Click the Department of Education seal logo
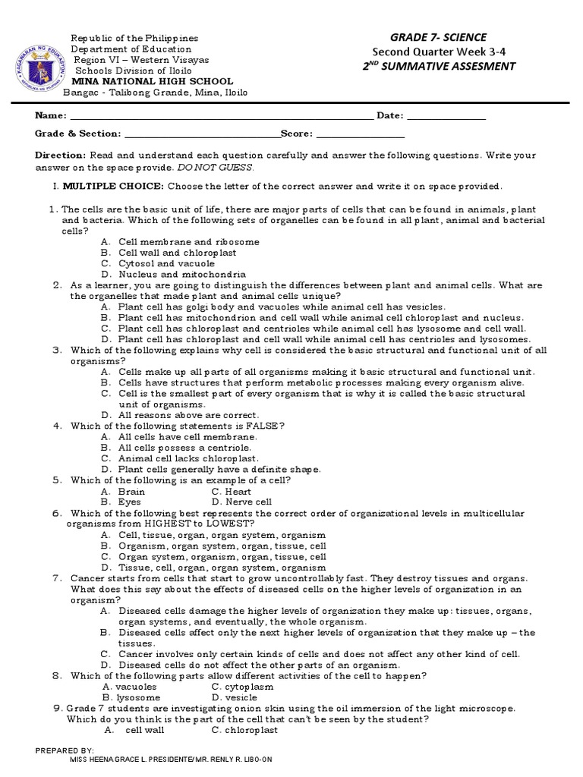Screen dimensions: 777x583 tap(37, 64)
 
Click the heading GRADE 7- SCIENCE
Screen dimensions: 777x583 tap(438, 37)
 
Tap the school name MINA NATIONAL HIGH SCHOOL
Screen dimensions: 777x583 tap(152, 81)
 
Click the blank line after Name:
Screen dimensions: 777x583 tap(221, 118)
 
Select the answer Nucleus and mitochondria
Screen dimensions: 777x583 tap(182, 274)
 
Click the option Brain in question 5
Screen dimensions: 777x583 tap(131, 491)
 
